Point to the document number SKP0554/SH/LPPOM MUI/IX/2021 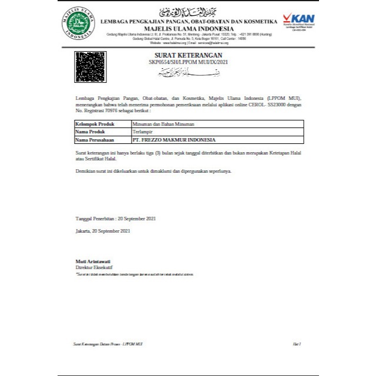[x=189, y=61]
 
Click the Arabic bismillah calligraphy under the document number [x=189, y=73]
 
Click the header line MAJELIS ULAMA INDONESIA [x=189, y=28]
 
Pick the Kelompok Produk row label [x=95, y=125]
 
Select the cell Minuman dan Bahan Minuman [x=163, y=125]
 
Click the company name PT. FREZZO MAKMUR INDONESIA [x=174, y=140]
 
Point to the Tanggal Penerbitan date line [x=116, y=217]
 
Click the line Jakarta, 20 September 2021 [x=103, y=231]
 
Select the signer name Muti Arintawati [x=93, y=261]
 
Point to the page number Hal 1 [x=296, y=343]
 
